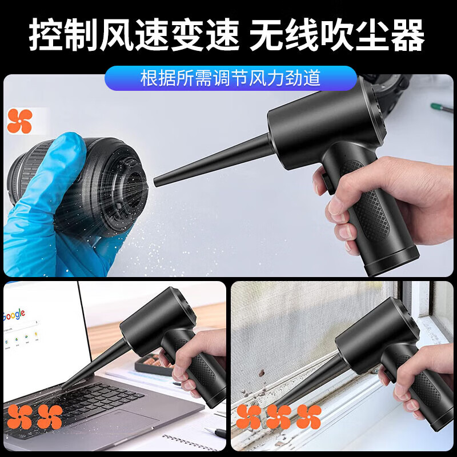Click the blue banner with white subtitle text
pyautogui.click(x=230, y=78)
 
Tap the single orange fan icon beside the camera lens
pyautogui.click(x=19, y=121)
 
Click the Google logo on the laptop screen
pyautogui.click(x=14, y=315)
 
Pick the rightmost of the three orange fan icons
pyautogui.click(x=308, y=417)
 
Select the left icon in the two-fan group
pyautogui.click(x=19, y=417)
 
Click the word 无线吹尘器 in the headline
pyautogui.click(x=337, y=35)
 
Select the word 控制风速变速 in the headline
pyautogui.click(x=134, y=35)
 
